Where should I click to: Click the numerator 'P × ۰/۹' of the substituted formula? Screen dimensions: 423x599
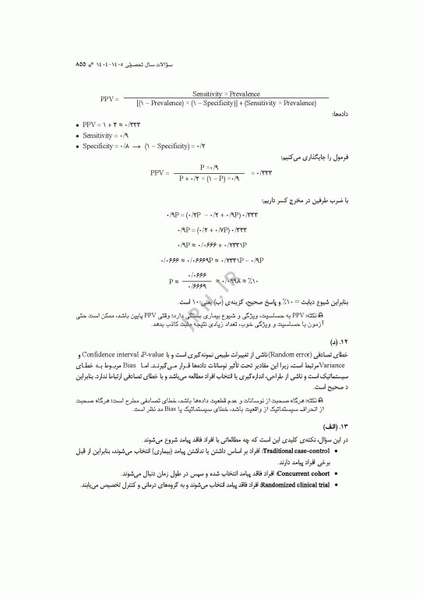coord(212,167)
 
